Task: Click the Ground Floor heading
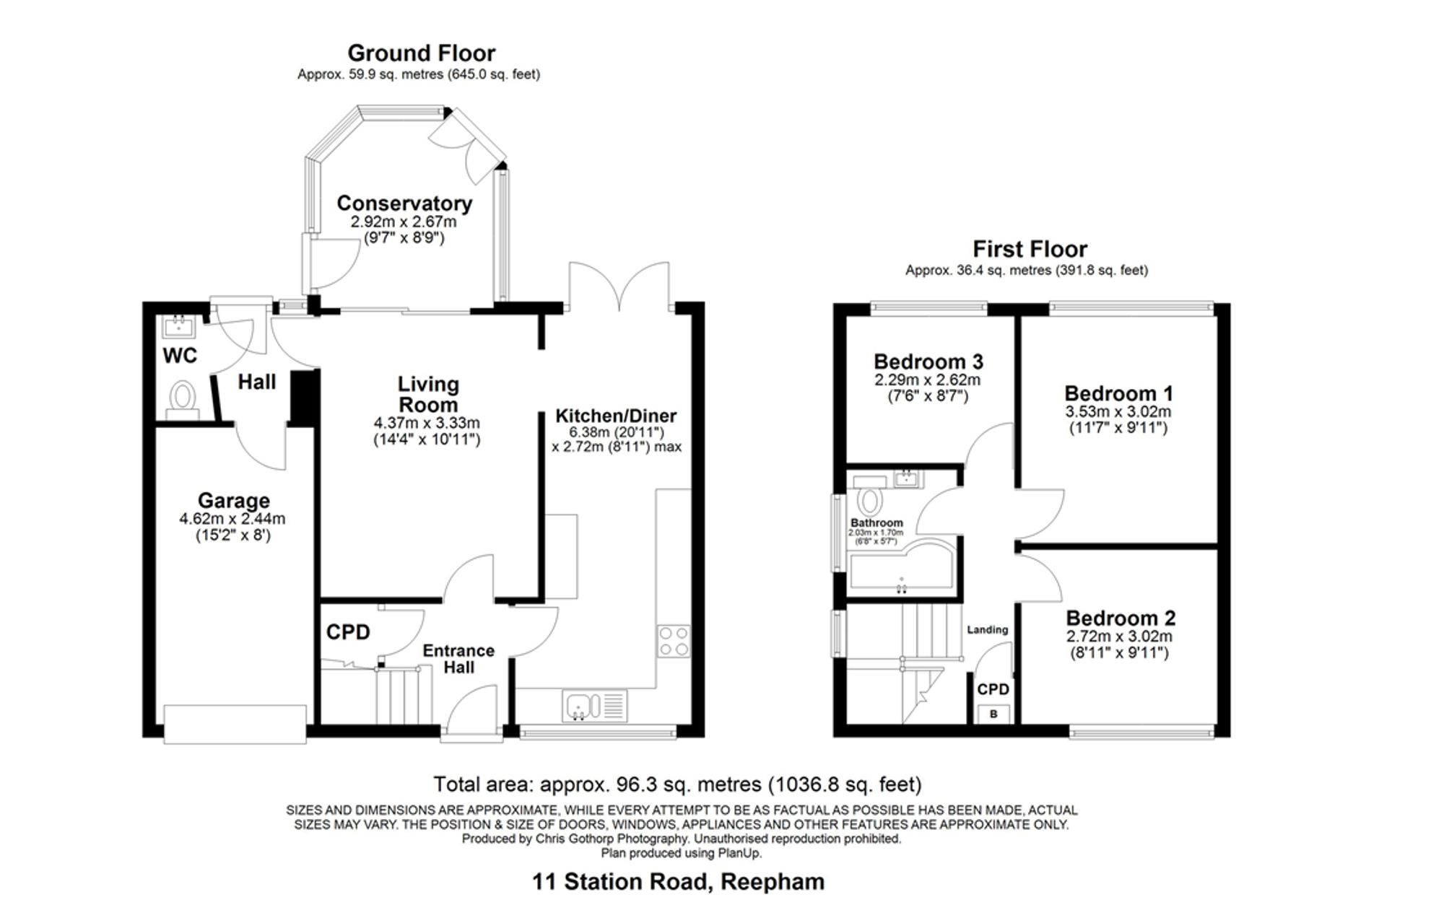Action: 422,53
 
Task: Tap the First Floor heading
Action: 1030,249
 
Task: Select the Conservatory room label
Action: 404,204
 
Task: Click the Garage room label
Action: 233,500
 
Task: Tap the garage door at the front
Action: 235,723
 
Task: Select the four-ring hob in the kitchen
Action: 674,642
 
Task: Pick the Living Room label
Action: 428,394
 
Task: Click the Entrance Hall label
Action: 458,659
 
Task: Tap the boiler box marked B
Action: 993,714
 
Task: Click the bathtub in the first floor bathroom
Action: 903,569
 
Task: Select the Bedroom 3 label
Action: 928,362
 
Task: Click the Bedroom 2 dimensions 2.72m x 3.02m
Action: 1119,637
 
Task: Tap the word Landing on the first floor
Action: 987,629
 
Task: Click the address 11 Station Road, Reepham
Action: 678,882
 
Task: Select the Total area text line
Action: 677,784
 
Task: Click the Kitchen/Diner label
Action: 616,416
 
